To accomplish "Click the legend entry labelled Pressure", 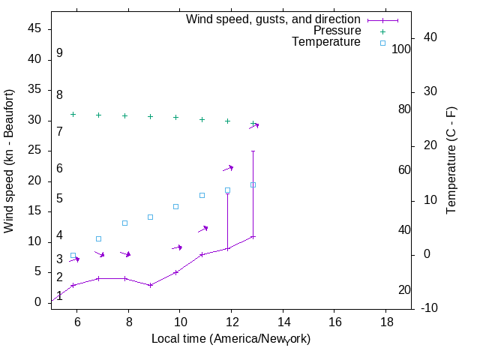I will click(x=337, y=31).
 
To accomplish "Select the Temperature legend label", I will click(x=326, y=42).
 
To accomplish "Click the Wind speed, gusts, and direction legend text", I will click(x=273, y=19).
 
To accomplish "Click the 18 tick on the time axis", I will click(x=385, y=322).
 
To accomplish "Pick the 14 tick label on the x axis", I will click(x=283, y=322).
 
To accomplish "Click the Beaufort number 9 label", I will click(x=59, y=53).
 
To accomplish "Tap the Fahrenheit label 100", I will click(x=401, y=49).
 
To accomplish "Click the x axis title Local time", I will click(x=231, y=339).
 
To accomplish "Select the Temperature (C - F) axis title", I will click(x=451, y=160).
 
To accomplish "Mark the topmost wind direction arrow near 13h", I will click(x=254, y=126).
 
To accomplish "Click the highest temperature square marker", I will click(x=253, y=184).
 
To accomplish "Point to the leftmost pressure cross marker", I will click(x=73, y=114).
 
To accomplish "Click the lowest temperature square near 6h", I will click(x=73, y=256).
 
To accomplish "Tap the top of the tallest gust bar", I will click(x=253, y=151).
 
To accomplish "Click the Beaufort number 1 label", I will click(x=59, y=296).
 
